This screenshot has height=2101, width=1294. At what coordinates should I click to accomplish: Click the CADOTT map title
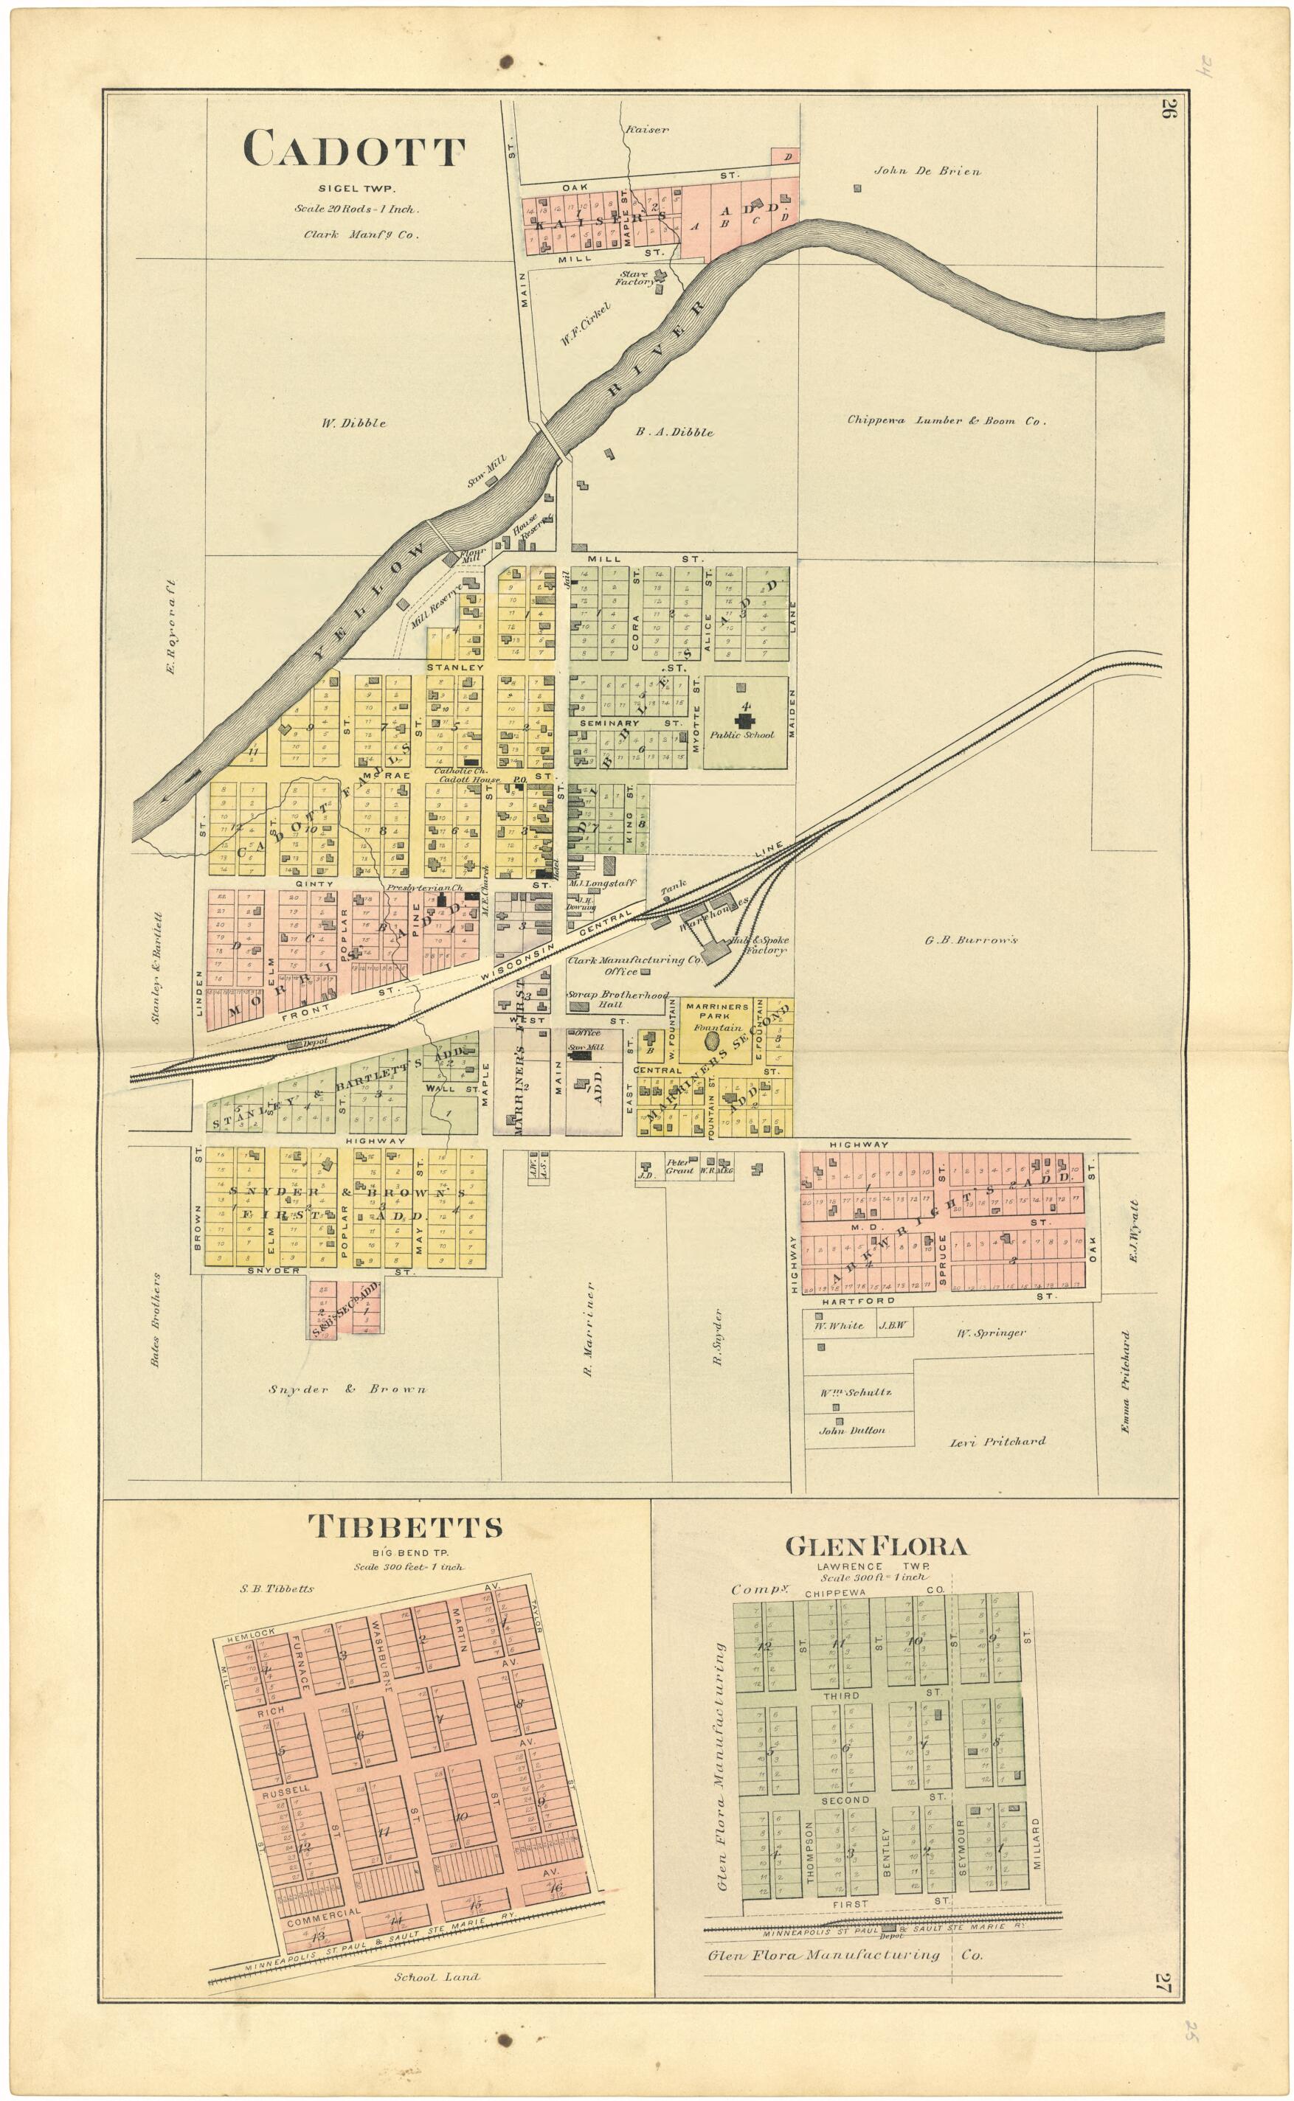coord(354,150)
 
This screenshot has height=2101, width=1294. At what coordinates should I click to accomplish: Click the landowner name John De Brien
coord(927,170)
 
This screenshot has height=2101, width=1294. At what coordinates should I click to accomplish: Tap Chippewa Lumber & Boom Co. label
coord(947,420)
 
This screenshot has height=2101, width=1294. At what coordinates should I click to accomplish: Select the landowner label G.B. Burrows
coord(971,940)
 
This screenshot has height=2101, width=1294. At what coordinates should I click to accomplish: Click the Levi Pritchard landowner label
coord(997,1440)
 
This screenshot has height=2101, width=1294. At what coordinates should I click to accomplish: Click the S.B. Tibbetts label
coord(277,1588)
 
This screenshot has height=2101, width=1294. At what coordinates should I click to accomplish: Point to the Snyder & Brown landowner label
coord(347,1389)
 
